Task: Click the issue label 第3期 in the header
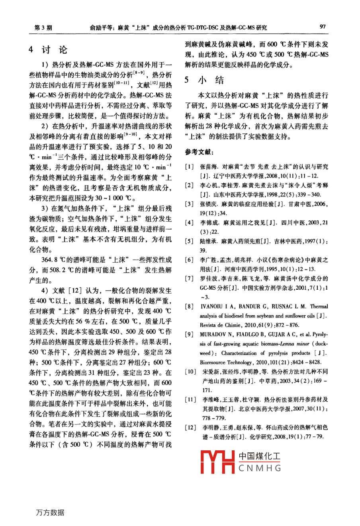pos(43,27)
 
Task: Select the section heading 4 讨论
pos(48,50)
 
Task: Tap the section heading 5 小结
pos(204,80)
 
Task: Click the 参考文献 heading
pos(199,152)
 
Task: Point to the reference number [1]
pos(190,167)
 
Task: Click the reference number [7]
pos(190,278)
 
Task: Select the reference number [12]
pos(191,428)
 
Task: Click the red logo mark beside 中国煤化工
pos(217,462)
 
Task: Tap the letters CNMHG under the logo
pos(260,468)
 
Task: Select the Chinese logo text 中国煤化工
pos(260,457)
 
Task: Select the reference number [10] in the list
pos(191,372)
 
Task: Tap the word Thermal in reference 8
pos(319,306)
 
